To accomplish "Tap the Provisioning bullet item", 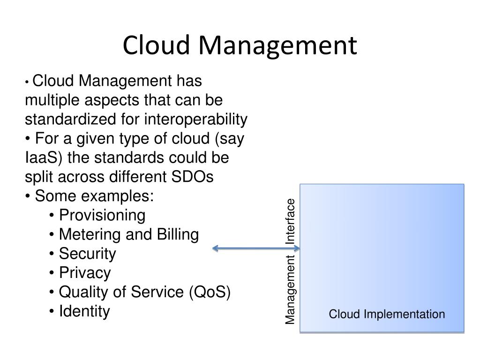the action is tap(102, 216).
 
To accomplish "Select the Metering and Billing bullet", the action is tap(128, 235).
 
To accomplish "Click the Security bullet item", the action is tap(87, 254).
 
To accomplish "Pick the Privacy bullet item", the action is tap(85, 273).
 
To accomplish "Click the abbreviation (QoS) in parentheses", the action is tap(210, 292).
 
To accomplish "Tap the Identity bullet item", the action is tap(84, 311).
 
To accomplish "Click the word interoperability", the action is tap(195, 120).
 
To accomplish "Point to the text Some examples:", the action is tap(94, 196).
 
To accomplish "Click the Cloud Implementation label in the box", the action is tap(387, 315).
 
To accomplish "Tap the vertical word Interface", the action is tap(291, 221).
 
